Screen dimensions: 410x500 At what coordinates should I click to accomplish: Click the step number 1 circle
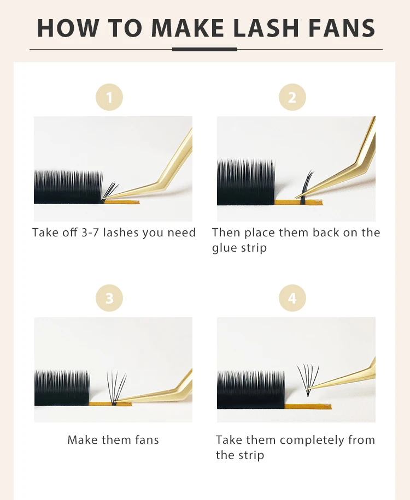tap(109, 97)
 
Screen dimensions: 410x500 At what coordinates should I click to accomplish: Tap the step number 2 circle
tap(292, 97)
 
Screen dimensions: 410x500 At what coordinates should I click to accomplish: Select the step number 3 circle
tap(109, 298)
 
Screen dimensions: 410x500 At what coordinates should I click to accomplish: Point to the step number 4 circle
tap(292, 298)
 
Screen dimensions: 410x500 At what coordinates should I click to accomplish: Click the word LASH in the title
tap(266, 28)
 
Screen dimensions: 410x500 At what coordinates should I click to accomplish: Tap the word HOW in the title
tap(68, 28)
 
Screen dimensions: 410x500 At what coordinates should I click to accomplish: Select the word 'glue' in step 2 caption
tap(223, 248)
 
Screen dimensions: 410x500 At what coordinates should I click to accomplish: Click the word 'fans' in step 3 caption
tap(147, 440)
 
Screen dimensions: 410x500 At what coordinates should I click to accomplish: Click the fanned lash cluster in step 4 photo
tap(308, 379)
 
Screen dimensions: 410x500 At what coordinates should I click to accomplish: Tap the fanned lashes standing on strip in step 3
tap(116, 388)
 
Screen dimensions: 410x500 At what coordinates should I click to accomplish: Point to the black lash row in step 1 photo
tap(68, 187)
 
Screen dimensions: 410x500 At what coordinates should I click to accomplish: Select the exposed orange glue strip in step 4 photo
tap(308, 406)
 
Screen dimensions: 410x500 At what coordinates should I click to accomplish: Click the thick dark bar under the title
tap(204, 50)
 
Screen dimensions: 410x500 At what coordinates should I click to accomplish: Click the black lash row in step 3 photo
tap(62, 388)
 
